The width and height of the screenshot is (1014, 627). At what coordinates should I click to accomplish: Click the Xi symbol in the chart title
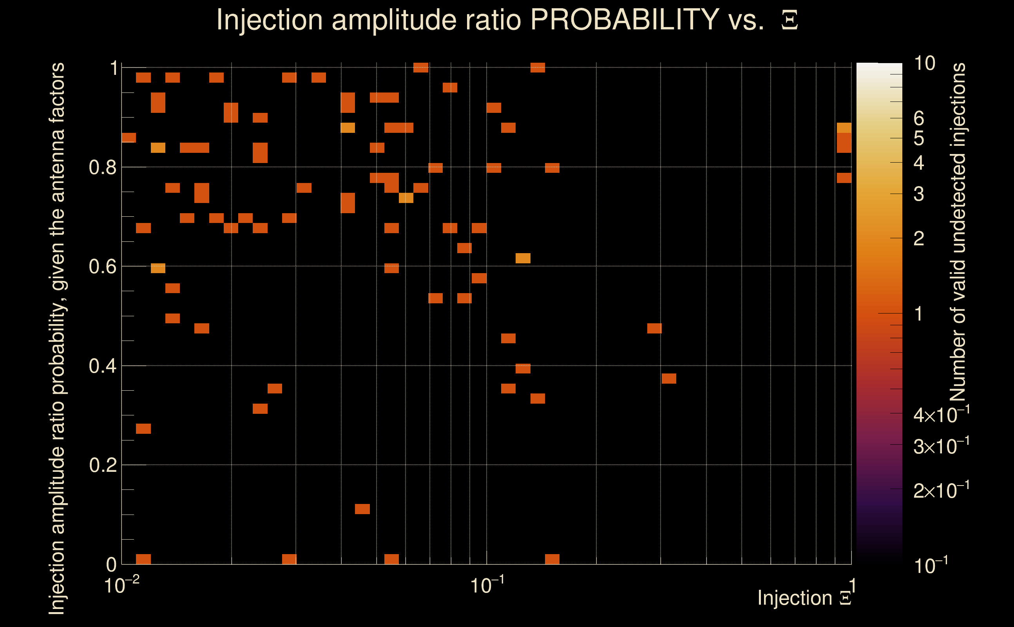click(x=789, y=20)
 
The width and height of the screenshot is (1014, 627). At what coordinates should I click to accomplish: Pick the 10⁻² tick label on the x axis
click(x=121, y=585)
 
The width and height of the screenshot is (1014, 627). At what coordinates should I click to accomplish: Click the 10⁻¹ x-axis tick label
click(x=487, y=585)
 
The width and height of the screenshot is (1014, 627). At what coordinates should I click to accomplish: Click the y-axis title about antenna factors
click(x=57, y=338)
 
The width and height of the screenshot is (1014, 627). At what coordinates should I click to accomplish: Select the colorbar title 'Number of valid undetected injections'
click(x=958, y=232)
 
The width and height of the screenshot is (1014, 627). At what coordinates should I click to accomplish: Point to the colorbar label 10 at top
click(x=924, y=63)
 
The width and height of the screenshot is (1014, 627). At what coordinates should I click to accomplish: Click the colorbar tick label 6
click(x=919, y=119)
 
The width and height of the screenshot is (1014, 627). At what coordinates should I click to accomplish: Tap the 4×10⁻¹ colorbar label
click(x=941, y=415)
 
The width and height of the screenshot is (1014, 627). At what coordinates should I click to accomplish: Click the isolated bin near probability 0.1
click(x=362, y=509)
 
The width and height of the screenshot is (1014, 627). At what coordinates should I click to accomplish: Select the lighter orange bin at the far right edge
click(x=844, y=128)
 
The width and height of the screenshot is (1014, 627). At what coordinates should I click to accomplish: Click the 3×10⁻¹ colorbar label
click(x=941, y=446)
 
